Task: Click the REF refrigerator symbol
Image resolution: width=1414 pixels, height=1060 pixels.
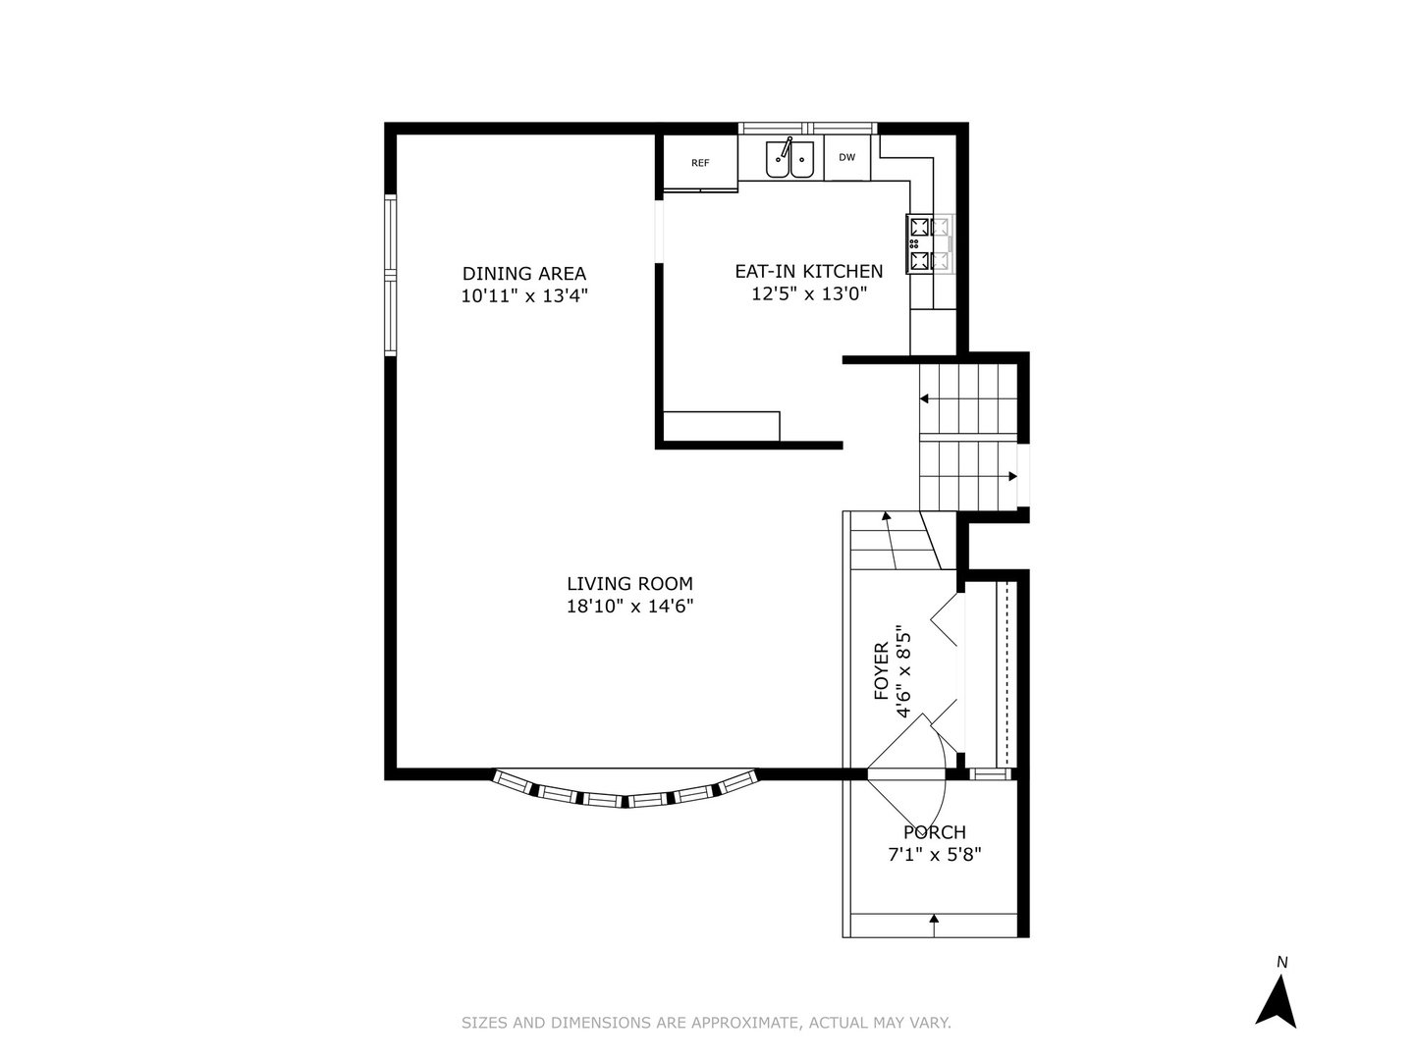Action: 699,163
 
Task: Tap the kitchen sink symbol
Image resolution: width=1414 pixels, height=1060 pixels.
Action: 790,159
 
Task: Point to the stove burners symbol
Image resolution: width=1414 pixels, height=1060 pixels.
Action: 921,244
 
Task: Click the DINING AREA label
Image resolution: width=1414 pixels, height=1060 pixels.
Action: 524,274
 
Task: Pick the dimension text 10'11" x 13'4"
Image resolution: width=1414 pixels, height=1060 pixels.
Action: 524,295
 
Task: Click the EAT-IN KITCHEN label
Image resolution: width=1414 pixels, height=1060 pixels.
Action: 809,272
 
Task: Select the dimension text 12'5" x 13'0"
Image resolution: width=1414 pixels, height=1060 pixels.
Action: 809,293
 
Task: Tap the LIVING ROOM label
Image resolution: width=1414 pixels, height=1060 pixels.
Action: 629,584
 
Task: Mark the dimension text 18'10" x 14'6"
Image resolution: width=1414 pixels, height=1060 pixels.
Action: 629,607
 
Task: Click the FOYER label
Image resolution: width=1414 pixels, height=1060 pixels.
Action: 882,671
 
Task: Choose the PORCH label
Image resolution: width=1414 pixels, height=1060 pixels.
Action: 935,832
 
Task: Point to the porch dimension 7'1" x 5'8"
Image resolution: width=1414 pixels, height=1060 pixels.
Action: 935,855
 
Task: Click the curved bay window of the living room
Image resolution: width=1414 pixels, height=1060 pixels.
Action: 626,793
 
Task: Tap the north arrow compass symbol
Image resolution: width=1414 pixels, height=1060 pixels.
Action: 1278,994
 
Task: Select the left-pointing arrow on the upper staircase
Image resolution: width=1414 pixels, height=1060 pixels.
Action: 925,399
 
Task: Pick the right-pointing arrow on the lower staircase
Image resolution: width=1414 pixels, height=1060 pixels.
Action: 1011,476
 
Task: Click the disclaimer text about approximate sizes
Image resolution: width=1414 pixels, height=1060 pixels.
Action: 706,1023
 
